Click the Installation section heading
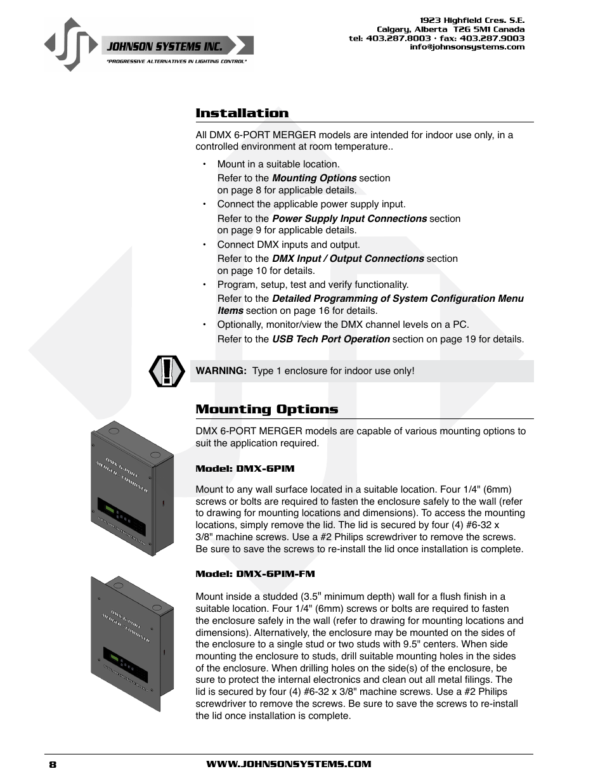(x=242, y=113)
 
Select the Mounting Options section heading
(x=266, y=410)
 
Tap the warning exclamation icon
(x=167, y=372)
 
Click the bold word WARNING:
(x=221, y=371)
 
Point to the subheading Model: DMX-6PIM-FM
(x=255, y=574)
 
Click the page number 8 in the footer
(x=53, y=765)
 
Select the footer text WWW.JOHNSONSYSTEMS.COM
(x=289, y=765)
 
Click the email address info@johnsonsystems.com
(x=467, y=47)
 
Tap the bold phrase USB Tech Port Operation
(x=330, y=339)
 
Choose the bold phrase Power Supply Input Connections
(x=349, y=219)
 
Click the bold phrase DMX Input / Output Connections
(x=348, y=259)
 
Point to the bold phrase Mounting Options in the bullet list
(x=314, y=178)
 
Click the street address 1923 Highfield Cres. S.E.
(x=472, y=20)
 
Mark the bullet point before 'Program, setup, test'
(x=204, y=285)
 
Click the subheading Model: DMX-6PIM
(x=245, y=469)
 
